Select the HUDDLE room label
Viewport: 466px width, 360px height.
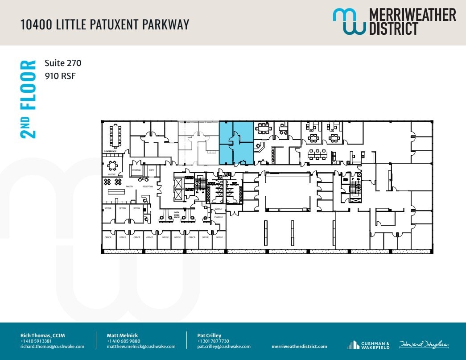111,174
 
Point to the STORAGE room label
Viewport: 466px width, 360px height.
136,170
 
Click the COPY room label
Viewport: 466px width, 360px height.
152,170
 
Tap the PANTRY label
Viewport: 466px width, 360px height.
130,186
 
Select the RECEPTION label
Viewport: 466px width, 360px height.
148,186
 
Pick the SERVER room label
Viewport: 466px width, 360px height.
218,209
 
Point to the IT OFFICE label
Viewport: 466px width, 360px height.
218,217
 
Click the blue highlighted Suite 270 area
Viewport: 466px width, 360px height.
236,143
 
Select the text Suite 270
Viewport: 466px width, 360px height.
63,63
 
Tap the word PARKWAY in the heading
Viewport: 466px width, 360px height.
165,24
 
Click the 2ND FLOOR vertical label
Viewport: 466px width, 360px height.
28,99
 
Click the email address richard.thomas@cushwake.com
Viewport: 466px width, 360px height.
52,347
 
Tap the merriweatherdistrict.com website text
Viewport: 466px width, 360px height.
299,347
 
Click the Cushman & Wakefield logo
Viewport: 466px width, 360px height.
368,345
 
